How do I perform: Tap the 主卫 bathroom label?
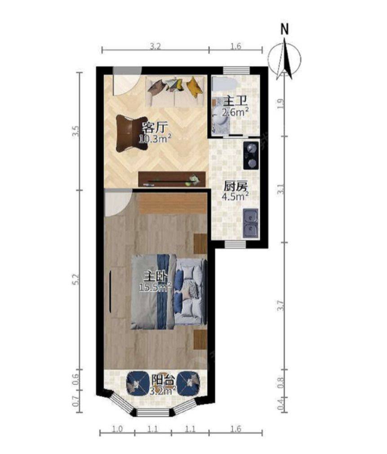click(236, 102)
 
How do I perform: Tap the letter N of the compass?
click(285, 29)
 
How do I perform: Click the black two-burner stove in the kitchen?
click(250, 156)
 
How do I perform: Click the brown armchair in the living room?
click(132, 134)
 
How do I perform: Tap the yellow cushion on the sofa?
click(194, 85)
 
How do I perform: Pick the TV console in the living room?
click(172, 179)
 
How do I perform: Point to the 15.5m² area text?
click(156, 287)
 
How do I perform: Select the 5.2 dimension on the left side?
click(76, 279)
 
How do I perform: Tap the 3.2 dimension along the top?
click(155, 47)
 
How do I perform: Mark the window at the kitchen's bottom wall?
click(235, 245)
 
